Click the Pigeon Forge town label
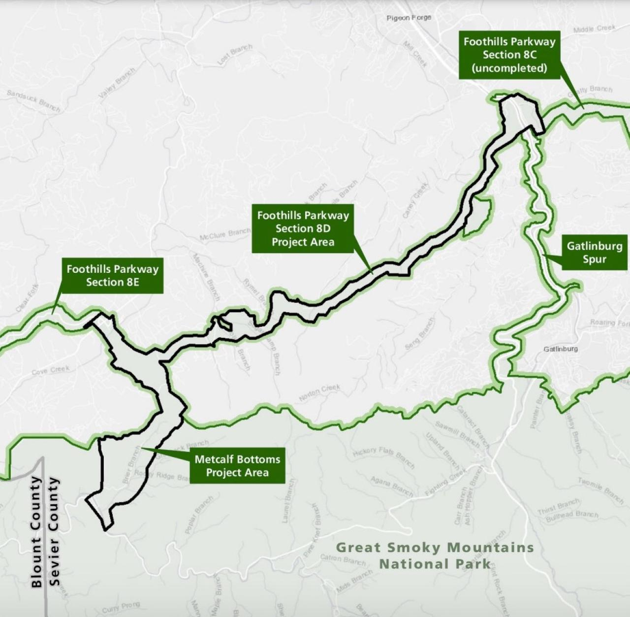(x=409, y=18)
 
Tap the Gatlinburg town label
(x=561, y=349)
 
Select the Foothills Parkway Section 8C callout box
(x=509, y=55)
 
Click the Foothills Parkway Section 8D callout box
(x=303, y=228)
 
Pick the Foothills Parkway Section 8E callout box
(x=113, y=275)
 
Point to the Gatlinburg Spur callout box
(x=595, y=252)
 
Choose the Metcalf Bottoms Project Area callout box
(x=237, y=466)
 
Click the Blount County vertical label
(x=36, y=531)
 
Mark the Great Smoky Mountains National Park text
(x=435, y=555)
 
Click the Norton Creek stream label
(x=319, y=393)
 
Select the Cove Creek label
(x=51, y=370)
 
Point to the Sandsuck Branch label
(x=33, y=100)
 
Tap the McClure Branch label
(x=225, y=235)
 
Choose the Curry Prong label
(x=121, y=607)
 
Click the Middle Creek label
(x=594, y=29)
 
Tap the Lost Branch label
(x=235, y=54)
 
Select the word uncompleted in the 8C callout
(x=509, y=68)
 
